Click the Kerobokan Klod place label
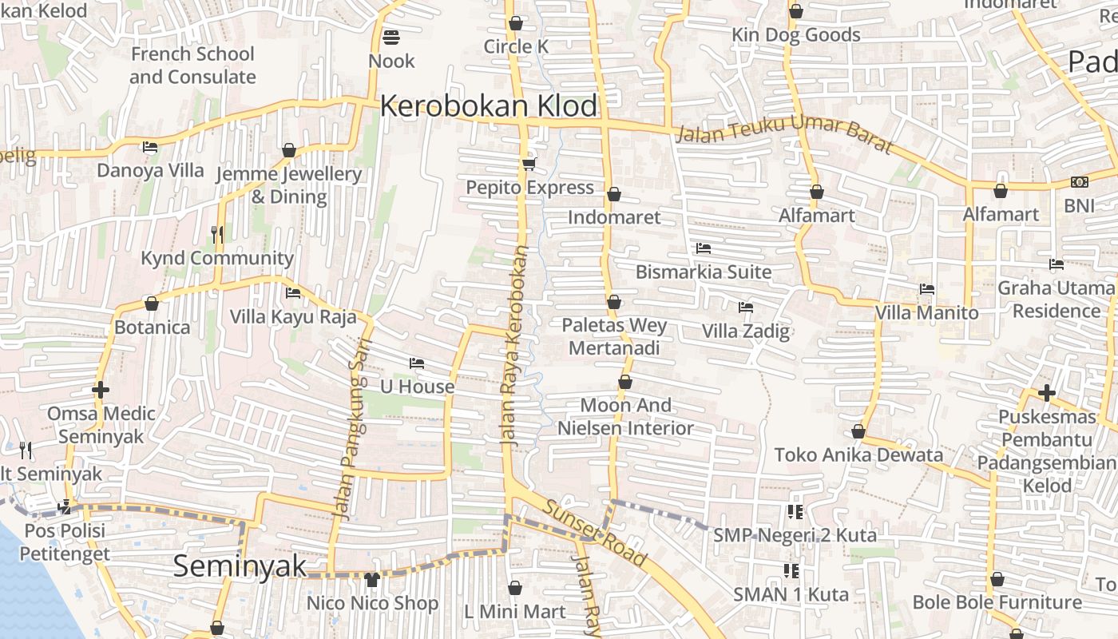[x=489, y=106]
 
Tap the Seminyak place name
[x=240, y=566]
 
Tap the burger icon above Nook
[x=391, y=37]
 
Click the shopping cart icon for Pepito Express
[x=529, y=165]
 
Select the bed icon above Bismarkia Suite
[x=704, y=248]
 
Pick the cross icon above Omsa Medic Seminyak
[x=101, y=390]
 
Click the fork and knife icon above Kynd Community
[x=217, y=234]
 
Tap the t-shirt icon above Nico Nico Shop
[x=372, y=580]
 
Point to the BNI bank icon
[x=1079, y=183]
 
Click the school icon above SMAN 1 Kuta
[x=791, y=570]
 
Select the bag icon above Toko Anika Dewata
[x=858, y=432]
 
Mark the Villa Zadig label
[x=745, y=331]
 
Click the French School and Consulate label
[x=192, y=65]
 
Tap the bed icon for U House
[x=417, y=363]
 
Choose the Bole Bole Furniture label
[x=997, y=602]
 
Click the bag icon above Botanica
[x=152, y=304]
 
